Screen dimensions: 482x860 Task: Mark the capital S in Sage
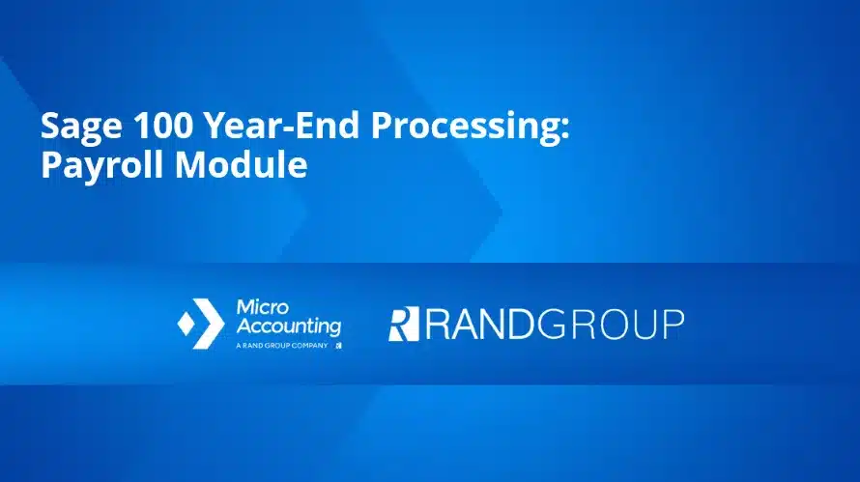[x=49, y=128]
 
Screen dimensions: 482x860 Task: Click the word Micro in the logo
[x=258, y=306]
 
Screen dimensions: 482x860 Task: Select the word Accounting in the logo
[x=288, y=326]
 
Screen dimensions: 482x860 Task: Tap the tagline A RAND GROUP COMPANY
[x=280, y=344]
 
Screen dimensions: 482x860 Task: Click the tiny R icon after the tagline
[x=338, y=344]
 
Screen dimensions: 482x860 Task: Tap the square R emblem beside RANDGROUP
[x=403, y=325]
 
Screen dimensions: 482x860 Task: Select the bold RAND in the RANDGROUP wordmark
[x=479, y=325]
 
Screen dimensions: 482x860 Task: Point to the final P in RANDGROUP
[x=671, y=325]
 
